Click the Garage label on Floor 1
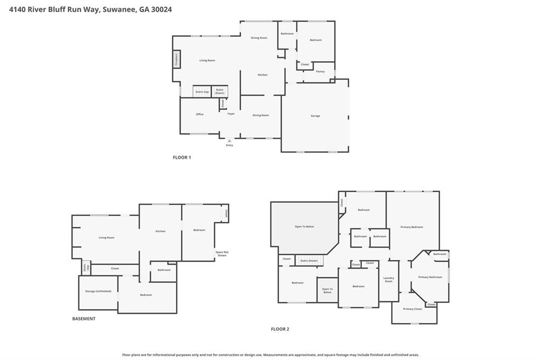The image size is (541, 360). [x=315, y=116]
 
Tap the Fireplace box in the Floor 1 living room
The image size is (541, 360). [x=176, y=59]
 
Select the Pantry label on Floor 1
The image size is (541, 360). [x=320, y=71]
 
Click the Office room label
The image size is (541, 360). [x=200, y=115]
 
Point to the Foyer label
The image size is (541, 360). [x=231, y=114]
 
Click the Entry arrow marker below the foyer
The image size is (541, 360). [x=229, y=141]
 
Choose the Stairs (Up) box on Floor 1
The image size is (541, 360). [x=202, y=92]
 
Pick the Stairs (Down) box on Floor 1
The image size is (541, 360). [x=220, y=92]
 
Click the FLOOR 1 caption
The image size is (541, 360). [x=182, y=157]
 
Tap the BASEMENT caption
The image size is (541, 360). [x=84, y=319]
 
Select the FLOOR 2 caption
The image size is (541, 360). [x=280, y=329]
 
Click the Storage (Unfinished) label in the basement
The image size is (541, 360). [x=98, y=291]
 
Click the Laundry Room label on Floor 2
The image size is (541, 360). [x=388, y=280]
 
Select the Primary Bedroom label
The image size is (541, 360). [x=412, y=227]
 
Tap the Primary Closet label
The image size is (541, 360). [x=413, y=309]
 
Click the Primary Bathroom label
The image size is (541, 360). [x=430, y=277]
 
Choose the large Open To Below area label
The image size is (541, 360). [x=304, y=226]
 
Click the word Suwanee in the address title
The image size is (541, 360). [x=116, y=10]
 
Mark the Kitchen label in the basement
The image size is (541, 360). [x=161, y=231]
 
